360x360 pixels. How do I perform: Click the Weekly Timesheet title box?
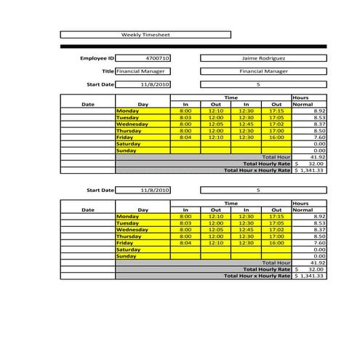coord(144,34)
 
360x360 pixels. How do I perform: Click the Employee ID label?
coord(97,57)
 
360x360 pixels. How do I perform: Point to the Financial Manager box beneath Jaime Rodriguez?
coord(263,71)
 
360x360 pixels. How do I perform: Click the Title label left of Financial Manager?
coord(108,71)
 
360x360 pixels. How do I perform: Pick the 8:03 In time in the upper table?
coord(185,117)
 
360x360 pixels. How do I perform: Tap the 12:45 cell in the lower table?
coord(247,230)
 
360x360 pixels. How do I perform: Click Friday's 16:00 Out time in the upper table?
coord(276,137)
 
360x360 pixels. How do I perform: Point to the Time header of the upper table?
coord(231,97)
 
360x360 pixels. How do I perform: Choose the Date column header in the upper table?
coord(88,104)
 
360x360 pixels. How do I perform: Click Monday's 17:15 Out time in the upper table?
coord(276,111)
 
